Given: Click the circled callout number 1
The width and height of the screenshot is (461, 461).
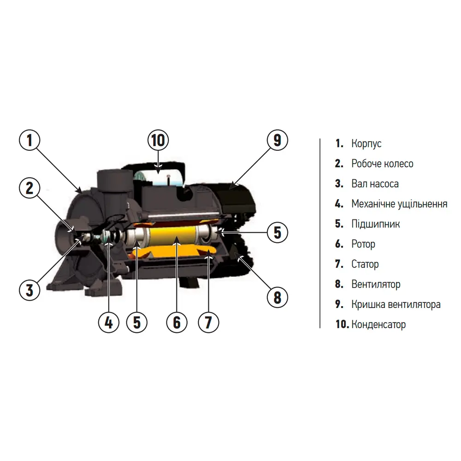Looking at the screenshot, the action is [x=30, y=140].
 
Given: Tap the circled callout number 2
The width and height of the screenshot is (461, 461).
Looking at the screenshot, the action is [x=30, y=188].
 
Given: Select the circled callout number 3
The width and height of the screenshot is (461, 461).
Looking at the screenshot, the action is [x=30, y=290].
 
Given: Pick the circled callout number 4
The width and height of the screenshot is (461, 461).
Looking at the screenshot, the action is [x=109, y=322].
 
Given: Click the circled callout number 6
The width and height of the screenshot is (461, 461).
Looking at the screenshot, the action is [x=177, y=322].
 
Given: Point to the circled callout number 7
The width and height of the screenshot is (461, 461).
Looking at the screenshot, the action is [x=208, y=322].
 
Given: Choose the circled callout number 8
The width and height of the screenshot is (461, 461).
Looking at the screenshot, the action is [x=277, y=297].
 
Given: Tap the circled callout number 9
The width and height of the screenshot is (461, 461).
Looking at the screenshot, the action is [x=277, y=140].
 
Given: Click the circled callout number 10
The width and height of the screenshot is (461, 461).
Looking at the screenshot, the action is [x=158, y=140].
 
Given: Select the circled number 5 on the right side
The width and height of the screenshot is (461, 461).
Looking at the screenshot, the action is [x=277, y=232].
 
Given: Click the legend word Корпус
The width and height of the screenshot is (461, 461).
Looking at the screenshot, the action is [x=366, y=144].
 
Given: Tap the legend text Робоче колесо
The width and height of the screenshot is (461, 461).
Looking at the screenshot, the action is [x=382, y=164].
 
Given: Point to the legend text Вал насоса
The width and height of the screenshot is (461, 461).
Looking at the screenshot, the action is [x=375, y=184].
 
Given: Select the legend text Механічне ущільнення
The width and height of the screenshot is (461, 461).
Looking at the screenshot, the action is [x=399, y=204].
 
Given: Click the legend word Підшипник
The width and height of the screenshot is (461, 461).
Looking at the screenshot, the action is [x=375, y=224].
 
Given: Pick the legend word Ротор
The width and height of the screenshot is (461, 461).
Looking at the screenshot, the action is [x=363, y=244].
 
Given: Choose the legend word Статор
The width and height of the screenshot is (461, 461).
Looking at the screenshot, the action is [x=365, y=264].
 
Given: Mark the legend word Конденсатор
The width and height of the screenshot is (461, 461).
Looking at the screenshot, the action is [x=378, y=324].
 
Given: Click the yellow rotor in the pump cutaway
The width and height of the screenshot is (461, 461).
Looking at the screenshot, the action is [x=173, y=236].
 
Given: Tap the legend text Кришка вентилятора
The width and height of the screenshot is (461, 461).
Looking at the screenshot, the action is [x=396, y=305].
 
